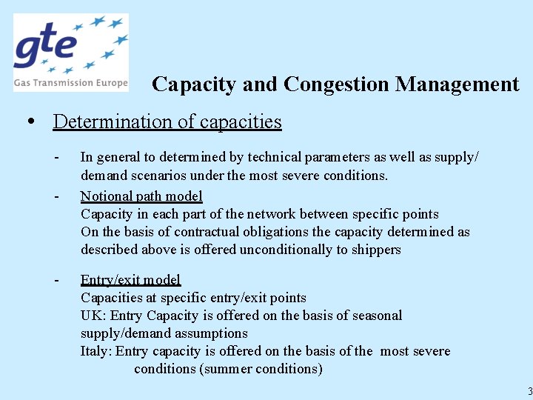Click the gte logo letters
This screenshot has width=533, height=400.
(x=46, y=47)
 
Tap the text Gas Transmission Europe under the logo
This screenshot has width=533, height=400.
(x=70, y=83)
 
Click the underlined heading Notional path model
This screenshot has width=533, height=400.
(x=141, y=196)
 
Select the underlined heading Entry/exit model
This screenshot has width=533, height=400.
(x=130, y=280)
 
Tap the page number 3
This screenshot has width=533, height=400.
(x=529, y=391)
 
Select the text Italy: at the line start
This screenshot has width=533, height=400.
(x=96, y=351)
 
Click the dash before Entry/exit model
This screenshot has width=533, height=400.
(x=57, y=280)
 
